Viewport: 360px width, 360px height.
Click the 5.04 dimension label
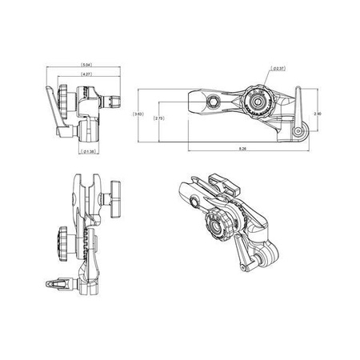[86, 63]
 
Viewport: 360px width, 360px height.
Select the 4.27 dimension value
[86, 74]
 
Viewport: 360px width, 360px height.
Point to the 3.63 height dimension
[139, 114]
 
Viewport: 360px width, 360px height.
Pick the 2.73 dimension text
[158, 119]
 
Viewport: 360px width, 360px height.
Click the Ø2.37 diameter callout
[279, 70]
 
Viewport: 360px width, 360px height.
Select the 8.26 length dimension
[242, 150]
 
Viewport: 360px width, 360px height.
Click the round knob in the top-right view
[256, 102]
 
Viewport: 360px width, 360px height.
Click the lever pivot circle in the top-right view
[298, 130]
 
